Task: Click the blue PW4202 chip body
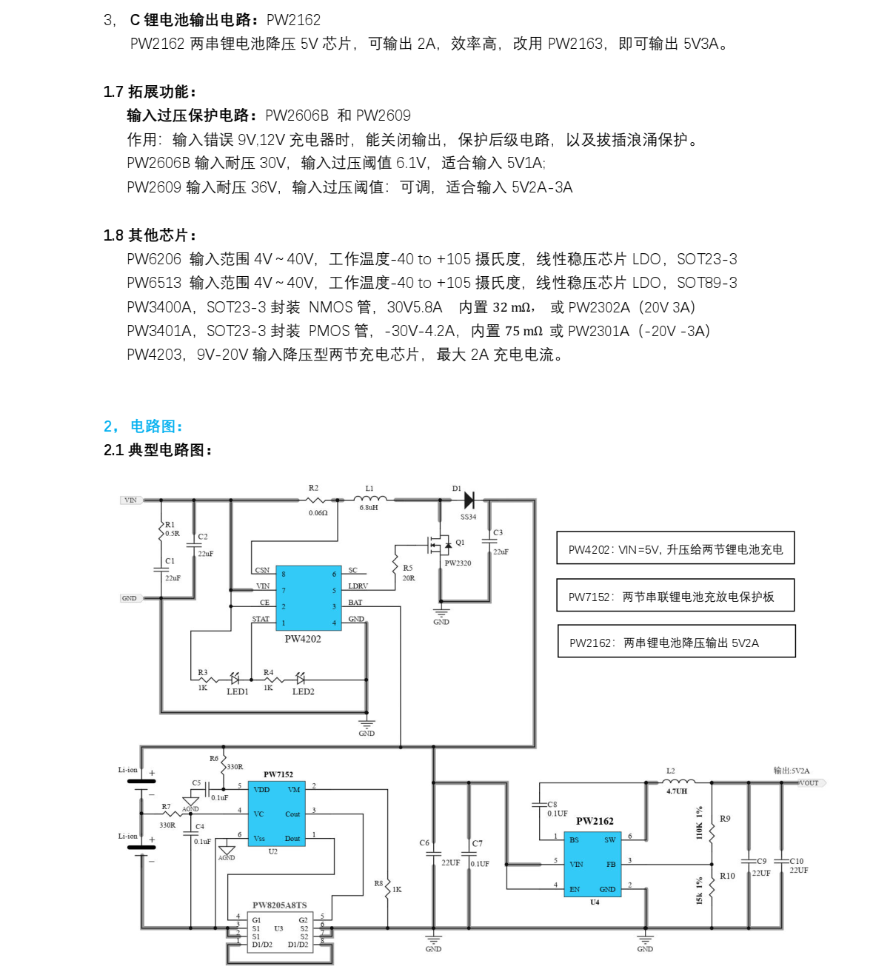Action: coord(308,598)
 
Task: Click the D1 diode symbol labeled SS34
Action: coord(468,500)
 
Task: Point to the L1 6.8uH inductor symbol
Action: coord(369,500)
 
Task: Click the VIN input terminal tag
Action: coord(130,500)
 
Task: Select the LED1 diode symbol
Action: coord(235,678)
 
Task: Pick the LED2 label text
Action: coord(303,691)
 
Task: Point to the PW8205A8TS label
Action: coord(279,905)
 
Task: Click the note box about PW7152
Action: coord(675,596)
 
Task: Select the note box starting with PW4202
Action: coord(675,549)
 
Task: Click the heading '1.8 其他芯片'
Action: coord(150,235)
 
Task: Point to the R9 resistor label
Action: coord(725,819)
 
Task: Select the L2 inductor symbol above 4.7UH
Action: coord(679,781)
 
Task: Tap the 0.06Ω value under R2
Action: coord(318,513)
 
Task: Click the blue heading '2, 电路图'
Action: coord(143,426)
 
